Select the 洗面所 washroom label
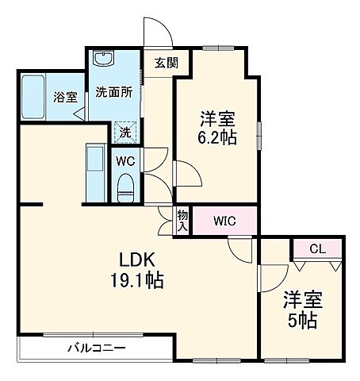pyautogui.click(x=113, y=92)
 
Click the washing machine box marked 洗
pyautogui.click(x=125, y=133)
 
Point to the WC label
pyautogui.click(x=125, y=161)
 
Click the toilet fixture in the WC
pyautogui.click(x=125, y=187)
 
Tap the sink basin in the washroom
pyautogui.click(x=104, y=61)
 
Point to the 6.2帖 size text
pyautogui.click(x=217, y=136)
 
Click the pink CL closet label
pyautogui.click(x=316, y=249)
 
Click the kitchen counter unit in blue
pyautogui.click(x=94, y=172)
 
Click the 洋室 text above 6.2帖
pyautogui.click(x=216, y=119)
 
